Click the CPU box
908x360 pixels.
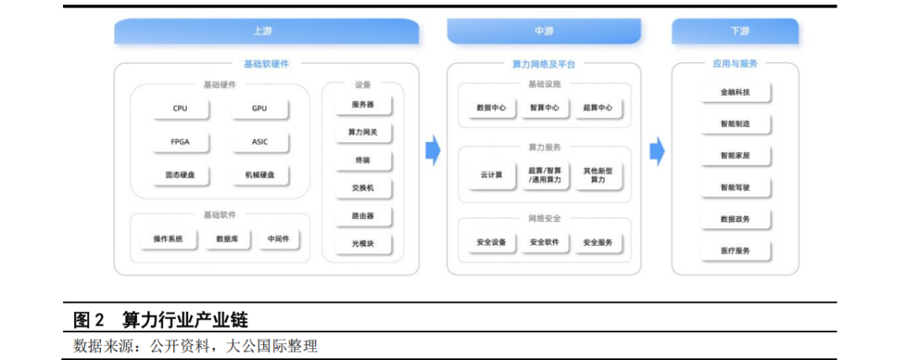tap(180, 109)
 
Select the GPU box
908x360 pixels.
tap(260, 109)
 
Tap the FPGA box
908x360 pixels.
tap(180, 142)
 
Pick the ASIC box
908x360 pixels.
tap(260, 142)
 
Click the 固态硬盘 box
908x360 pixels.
tap(180, 175)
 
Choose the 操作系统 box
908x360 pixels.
tap(168, 240)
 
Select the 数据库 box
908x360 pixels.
tap(227, 240)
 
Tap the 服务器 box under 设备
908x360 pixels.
tap(362, 105)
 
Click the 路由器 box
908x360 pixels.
tap(362, 216)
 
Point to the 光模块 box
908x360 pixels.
tap(362, 244)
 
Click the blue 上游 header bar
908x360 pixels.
tap(266, 32)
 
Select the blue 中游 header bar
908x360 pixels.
tap(544, 32)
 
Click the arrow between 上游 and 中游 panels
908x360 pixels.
tap(432, 151)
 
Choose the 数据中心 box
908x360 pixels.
tap(491, 108)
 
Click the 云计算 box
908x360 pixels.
tap(491, 175)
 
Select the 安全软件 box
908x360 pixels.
tap(544, 242)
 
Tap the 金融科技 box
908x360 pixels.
tap(736, 92)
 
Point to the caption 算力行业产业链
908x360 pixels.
tap(185, 320)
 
